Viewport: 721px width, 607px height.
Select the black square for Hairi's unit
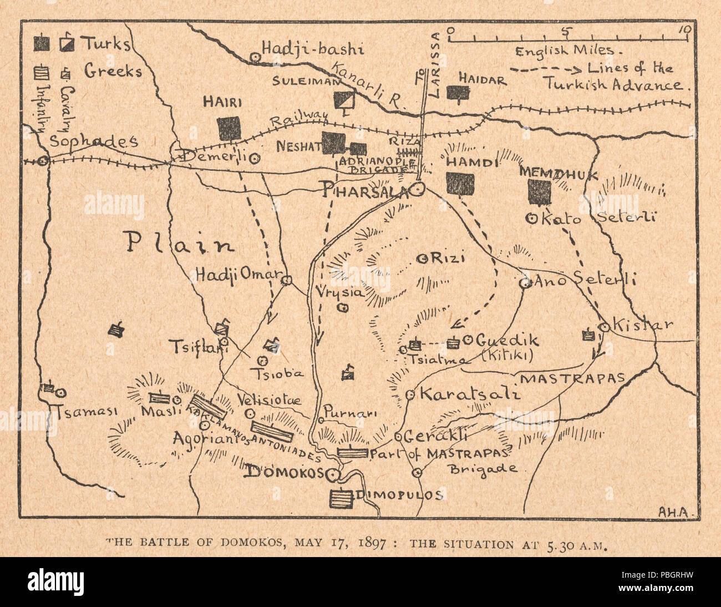(229, 128)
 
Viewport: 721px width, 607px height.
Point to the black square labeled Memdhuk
(540, 193)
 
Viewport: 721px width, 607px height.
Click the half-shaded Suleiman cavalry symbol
(344, 100)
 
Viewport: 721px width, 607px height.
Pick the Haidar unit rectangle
(458, 93)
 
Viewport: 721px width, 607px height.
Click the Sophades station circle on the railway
(43, 160)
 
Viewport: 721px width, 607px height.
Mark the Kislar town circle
(605, 327)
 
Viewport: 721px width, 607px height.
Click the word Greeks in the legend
(113, 70)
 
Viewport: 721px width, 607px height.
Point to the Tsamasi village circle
(61, 392)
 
